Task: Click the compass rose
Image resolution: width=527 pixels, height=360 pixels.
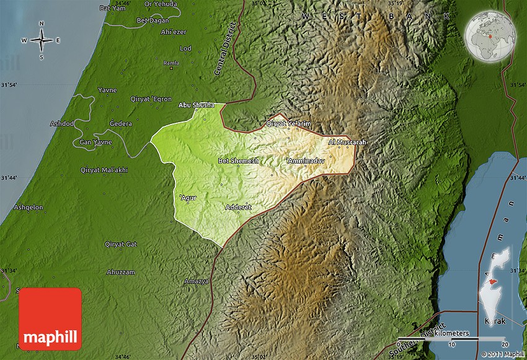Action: point(42,41)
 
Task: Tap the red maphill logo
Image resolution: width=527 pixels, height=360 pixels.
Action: point(50,318)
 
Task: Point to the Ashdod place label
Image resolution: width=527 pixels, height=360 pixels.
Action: point(61,123)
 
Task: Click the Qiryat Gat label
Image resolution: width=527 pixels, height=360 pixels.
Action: point(122,244)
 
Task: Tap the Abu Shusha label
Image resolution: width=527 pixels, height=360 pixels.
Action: point(196,105)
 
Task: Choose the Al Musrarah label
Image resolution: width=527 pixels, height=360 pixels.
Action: point(348,143)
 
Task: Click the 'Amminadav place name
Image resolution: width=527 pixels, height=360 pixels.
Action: point(304,161)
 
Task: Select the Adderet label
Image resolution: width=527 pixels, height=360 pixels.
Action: point(239,207)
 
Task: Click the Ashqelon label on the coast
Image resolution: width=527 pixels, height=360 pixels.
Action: point(29,208)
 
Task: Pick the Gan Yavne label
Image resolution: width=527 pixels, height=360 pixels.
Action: point(95,143)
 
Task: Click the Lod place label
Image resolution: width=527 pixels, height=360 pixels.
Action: point(185,48)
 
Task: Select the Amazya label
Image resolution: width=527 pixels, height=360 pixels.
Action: point(196,281)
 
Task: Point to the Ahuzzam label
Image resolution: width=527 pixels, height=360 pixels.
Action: point(120,271)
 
